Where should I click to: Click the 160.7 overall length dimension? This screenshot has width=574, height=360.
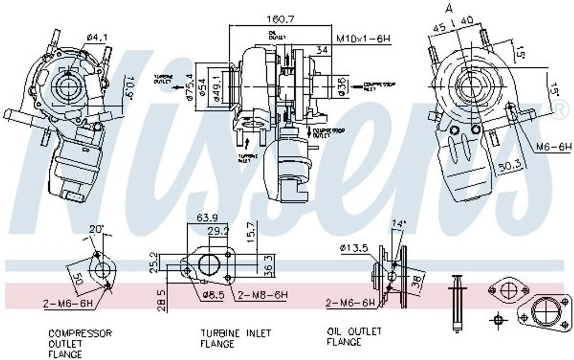[x=280, y=19]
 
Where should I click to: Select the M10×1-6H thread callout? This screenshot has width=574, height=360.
[x=363, y=39]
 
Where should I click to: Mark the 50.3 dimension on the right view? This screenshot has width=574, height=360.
[x=509, y=165]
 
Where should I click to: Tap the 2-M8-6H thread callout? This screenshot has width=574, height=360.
[x=262, y=294]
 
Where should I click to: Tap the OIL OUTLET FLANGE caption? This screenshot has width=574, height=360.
[x=354, y=336]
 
